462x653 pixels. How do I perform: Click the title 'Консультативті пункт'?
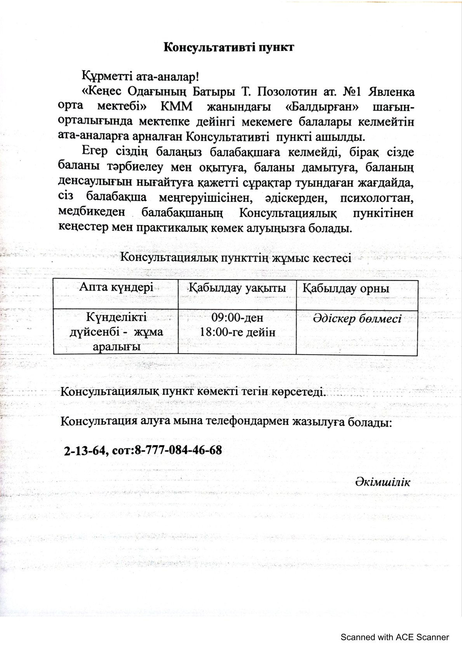click(x=229, y=47)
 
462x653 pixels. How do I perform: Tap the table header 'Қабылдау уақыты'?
click(x=237, y=288)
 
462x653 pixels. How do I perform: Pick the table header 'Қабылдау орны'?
click(x=346, y=289)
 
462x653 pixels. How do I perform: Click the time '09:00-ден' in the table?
click(x=237, y=318)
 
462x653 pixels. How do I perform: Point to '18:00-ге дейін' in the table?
click(x=237, y=332)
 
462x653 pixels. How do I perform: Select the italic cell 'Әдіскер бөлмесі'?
click(x=357, y=319)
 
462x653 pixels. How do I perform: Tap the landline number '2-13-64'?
click(x=85, y=450)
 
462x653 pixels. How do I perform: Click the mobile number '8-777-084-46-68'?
click(x=178, y=450)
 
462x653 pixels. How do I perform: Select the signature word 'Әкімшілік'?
click(x=382, y=482)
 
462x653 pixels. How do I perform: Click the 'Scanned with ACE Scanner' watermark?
click(x=394, y=637)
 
